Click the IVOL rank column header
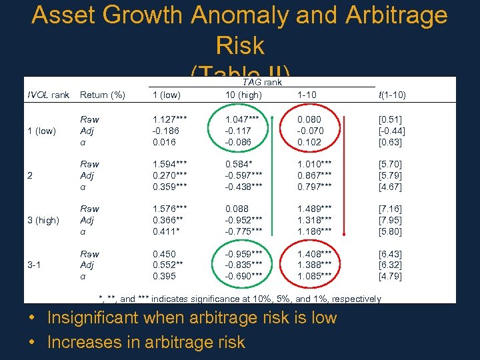click(47, 95)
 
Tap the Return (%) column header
click(103, 95)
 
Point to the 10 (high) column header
click(243, 95)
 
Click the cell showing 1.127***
click(169, 119)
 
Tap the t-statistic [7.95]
click(391, 220)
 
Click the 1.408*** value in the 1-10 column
click(315, 254)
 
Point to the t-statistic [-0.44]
click(391, 131)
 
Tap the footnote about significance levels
click(239, 299)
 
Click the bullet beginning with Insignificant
click(192, 318)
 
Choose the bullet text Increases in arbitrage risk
click(146, 343)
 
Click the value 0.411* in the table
click(165, 231)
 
